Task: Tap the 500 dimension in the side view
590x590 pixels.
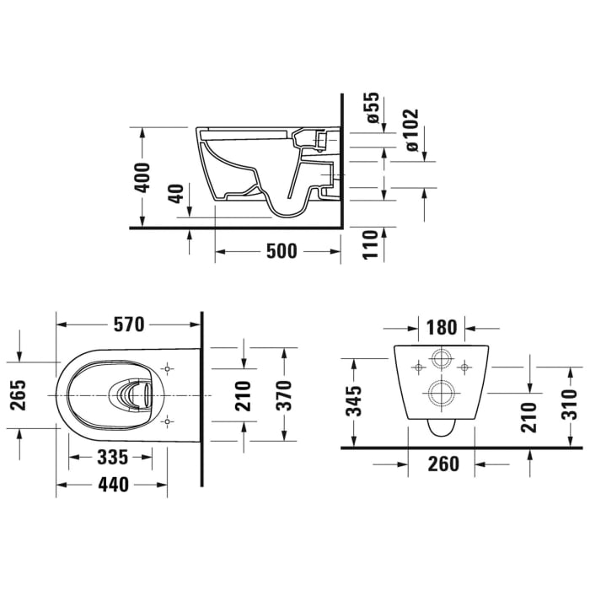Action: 281,251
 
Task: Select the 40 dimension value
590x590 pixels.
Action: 175,194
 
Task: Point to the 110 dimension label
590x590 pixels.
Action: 368,245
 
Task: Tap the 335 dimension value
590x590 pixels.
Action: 112,457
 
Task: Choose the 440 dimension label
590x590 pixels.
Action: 112,485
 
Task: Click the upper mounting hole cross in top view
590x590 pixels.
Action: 167,369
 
